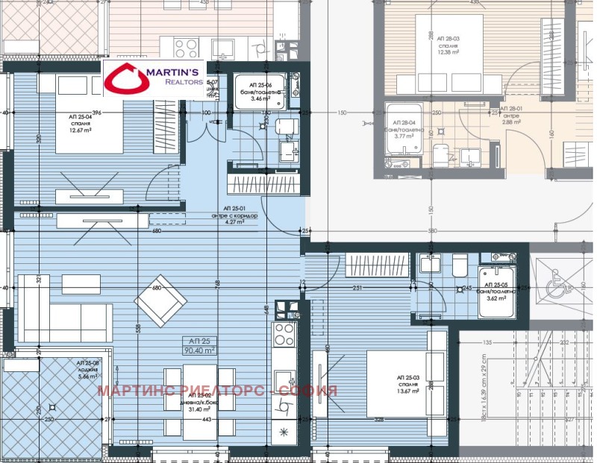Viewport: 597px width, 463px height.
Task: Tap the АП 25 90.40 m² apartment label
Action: point(199,344)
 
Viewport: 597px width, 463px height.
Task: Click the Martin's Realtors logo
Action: point(154,78)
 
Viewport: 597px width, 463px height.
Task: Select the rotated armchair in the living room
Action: point(160,300)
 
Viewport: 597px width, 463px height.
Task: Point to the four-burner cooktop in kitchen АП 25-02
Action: point(285,335)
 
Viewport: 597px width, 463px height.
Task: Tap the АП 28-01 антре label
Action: point(510,119)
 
